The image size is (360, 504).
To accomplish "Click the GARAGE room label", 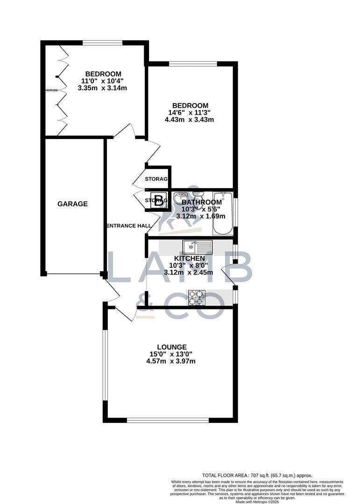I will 72,204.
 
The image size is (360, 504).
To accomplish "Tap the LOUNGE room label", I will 172,347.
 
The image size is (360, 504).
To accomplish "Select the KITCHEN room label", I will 190,259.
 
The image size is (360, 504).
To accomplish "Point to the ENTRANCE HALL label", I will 129,226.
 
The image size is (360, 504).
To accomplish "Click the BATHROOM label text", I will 202,202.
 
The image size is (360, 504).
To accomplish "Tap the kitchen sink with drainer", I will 198,246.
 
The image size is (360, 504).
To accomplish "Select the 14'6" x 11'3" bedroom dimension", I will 189,112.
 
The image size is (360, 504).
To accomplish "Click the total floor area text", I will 257,475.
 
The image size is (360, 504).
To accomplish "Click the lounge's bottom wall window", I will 168,420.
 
